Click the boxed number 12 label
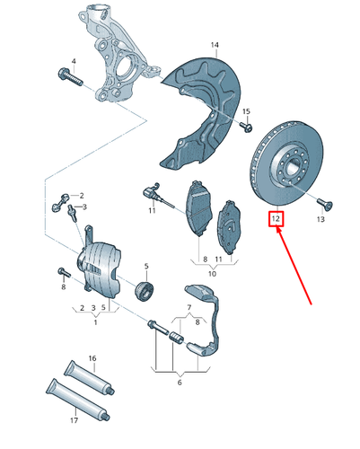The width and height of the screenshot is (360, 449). click(x=276, y=218)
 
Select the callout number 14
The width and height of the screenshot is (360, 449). click(x=215, y=44)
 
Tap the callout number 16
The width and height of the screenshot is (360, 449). click(x=92, y=357)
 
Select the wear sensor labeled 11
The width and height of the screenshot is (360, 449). click(x=154, y=195)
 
